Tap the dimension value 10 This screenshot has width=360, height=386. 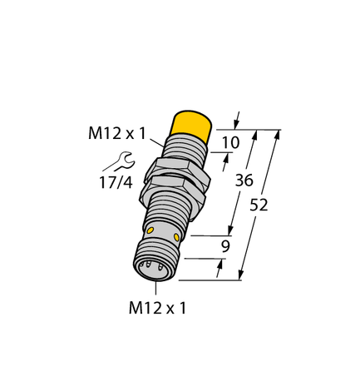coord(232,142)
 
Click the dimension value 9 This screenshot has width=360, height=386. coord(225,246)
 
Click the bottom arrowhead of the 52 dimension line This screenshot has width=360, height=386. coord(243,275)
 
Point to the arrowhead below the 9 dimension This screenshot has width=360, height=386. coord(220,264)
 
